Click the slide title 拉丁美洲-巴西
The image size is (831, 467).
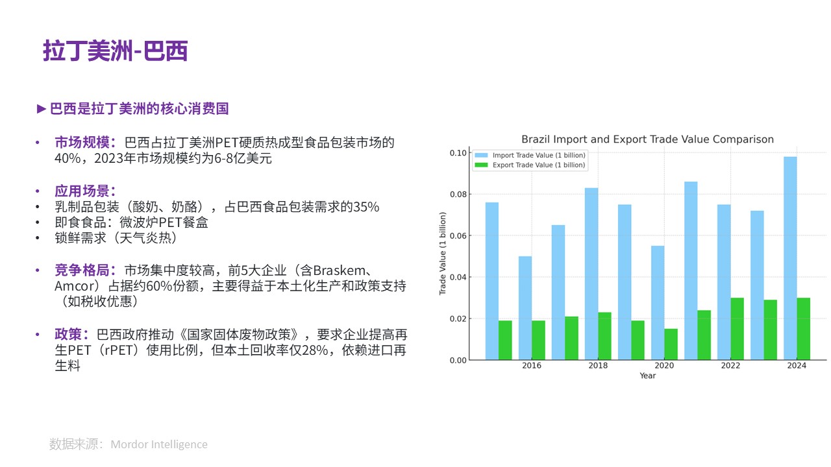(x=116, y=51)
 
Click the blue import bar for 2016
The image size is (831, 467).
(x=525, y=308)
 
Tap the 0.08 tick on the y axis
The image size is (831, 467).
(x=458, y=195)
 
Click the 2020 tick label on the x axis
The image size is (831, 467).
(x=664, y=366)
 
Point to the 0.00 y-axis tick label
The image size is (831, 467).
(x=458, y=360)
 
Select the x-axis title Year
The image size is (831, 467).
(x=647, y=376)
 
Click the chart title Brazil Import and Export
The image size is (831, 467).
(x=647, y=139)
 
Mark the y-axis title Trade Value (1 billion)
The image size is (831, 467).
(x=443, y=254)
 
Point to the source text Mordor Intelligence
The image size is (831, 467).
(x=159, y=444)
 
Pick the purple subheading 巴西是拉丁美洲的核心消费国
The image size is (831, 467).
(x=139, y=109)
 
